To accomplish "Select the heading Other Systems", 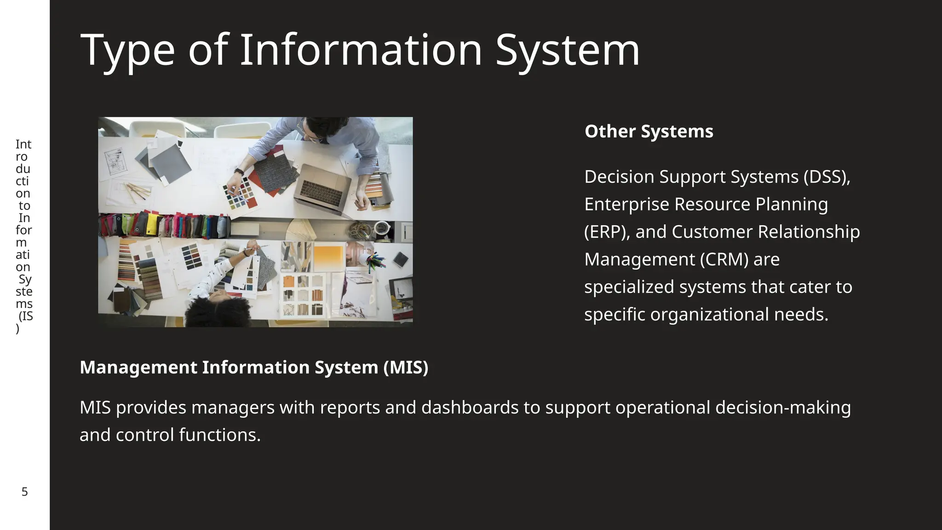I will pyautogui.click(x=649, y=132).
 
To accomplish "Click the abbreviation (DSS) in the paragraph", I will pyautogui.click(x=827, y=177).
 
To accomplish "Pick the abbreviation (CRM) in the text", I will pyautogui.click(x=724, y=259).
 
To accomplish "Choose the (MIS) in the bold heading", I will pyautogui.click(x=405, y=368).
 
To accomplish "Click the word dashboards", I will pyautogui.click(x=470, y=408).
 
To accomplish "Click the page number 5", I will pyautogui.click(x=25, y=492).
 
